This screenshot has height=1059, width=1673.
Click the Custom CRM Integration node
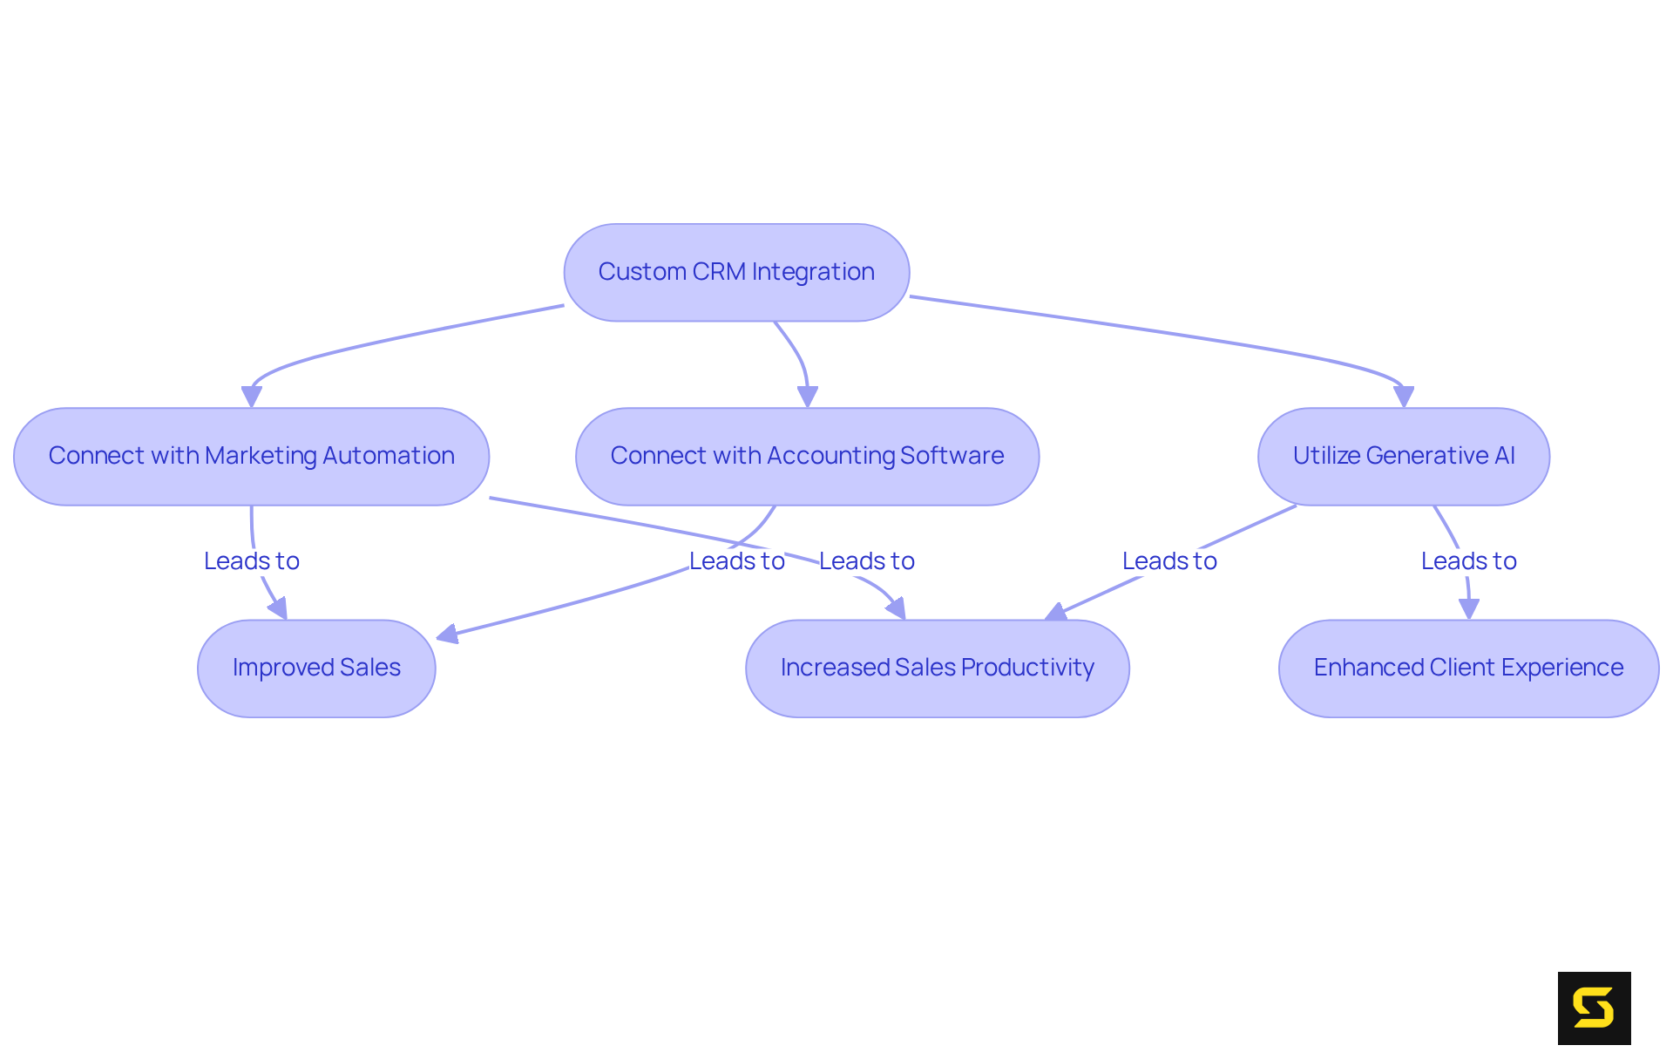point(736,272)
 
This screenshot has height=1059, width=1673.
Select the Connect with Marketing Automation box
point(251,456)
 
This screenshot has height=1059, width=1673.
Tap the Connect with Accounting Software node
point(807,456)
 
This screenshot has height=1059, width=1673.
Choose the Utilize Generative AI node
point(1403,456)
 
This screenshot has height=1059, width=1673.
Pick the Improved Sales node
point(316,668)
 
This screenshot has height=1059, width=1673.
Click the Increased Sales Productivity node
point(937,668)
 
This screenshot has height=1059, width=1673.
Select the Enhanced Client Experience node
point(1468,668)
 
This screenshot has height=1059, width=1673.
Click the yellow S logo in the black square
point(1594,1008)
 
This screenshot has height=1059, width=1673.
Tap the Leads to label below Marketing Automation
point(252,561)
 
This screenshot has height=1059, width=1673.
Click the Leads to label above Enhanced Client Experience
point(1468,561)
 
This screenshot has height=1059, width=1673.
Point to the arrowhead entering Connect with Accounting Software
point(808,397)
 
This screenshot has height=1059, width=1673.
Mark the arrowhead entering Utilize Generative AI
point(1404,397)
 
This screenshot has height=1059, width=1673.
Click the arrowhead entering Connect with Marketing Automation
point(252,397)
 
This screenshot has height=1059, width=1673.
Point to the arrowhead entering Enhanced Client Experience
point(1469,609)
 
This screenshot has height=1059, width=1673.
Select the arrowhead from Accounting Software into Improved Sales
point(447,635)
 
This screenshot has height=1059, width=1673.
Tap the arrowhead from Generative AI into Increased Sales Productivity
point(1056,612)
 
